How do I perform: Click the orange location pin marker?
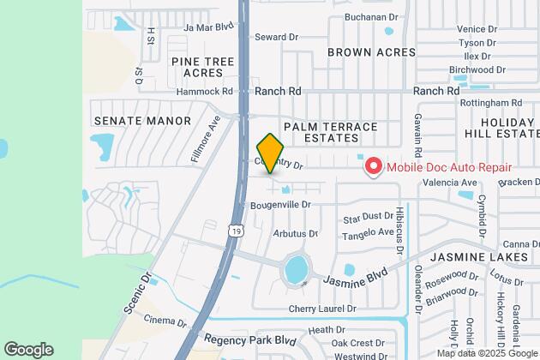coord(270,153)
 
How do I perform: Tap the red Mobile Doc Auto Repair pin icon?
coord(373,166)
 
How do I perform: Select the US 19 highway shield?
coord(235,229)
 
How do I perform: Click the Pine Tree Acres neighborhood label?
coord(202,68)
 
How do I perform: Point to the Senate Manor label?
coord(142,121)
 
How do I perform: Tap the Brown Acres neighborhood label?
coord(371,51)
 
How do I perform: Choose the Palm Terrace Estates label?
coord(330,132)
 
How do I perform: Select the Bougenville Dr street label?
coord(279,205)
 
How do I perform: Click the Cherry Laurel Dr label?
coord(321,309)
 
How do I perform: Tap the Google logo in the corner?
coord(28,349)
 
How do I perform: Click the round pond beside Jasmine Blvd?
coord(297,269)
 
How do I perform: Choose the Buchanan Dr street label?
coord(371,15)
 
